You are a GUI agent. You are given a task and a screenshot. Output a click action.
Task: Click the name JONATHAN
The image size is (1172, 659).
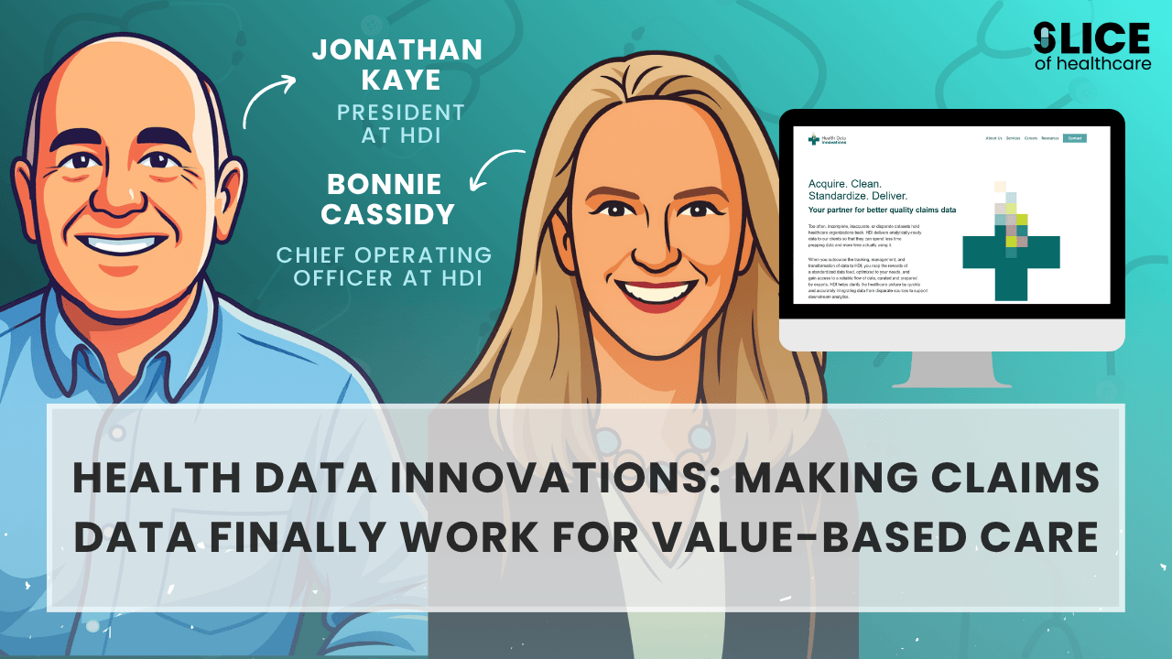coord(397,49)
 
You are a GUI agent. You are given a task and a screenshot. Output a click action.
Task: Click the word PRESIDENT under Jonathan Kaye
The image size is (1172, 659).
coord(401,113)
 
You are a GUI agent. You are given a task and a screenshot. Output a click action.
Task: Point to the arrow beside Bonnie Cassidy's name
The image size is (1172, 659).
coord(496,170)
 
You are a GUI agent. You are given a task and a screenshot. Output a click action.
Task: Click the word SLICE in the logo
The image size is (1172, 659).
coord(1091,38)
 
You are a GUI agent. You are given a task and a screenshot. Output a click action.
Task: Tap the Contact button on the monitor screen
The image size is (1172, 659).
coord(1075,138)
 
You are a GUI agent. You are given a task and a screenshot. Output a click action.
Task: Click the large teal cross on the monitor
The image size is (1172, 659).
coord(1010,252)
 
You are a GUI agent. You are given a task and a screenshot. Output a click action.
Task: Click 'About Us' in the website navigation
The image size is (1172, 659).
coord(993,138)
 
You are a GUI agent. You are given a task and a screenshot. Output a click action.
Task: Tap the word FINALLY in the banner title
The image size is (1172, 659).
coord(320,537)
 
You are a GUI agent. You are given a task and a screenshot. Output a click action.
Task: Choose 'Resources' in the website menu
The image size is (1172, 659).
coord(1049,138)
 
